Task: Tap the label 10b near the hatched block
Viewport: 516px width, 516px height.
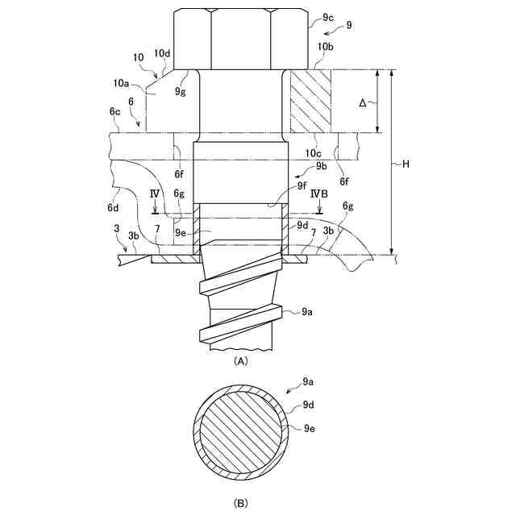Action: click(x=325, y=48)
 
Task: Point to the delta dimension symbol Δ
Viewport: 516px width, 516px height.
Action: click(x=362, y=102)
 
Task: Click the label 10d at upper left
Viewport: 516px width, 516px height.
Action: click(x=163, y=53)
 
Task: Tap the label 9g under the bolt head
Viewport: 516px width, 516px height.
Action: click(x=180, y=92)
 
